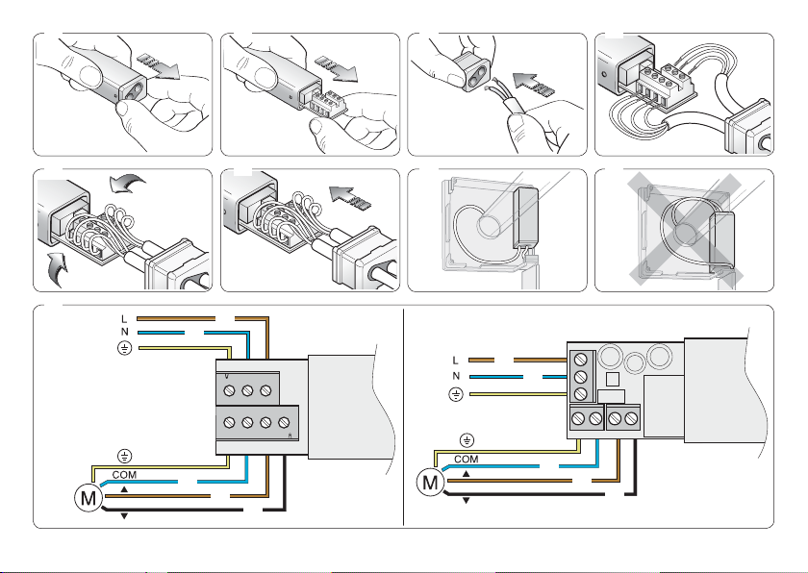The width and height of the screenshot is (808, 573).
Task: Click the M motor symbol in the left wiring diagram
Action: (x=88, y=498)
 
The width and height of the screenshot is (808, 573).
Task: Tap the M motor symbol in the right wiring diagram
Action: (x=430, y=483)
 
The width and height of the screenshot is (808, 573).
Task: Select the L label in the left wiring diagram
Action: (x=124, y=319)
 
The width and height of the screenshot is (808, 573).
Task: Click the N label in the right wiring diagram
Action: (x=456, y=376)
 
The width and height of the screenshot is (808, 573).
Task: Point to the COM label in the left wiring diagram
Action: (x=124, y=475)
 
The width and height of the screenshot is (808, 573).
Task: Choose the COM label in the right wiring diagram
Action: (x=466, y=460)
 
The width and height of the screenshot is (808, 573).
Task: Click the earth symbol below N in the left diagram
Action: (x=124, y=348)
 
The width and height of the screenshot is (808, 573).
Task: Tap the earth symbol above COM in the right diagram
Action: (x=467, y=440)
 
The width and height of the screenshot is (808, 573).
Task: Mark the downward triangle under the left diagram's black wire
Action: (x=124, y=516)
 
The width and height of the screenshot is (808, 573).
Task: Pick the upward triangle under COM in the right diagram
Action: (x=467, y=474)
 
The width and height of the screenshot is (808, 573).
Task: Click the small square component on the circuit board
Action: (x=612, y=379)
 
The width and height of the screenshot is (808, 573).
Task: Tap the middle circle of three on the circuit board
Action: (x=634, y=362)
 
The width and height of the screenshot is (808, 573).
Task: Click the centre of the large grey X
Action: (x=685, y=229)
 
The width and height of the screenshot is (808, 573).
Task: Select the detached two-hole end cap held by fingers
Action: (x=472, y=71)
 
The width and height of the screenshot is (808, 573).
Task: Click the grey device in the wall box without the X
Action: (x=525, y=219)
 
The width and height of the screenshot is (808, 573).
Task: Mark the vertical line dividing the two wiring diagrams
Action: (x=403, y=417)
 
